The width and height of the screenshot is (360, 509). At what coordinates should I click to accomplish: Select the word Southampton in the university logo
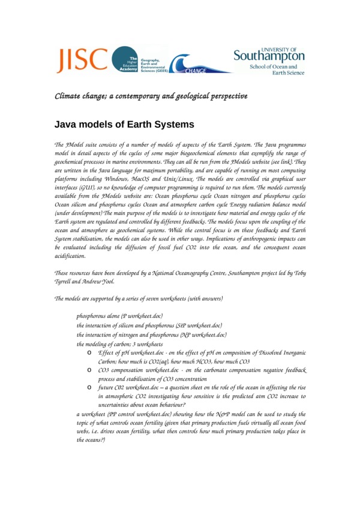coord(268,56)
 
